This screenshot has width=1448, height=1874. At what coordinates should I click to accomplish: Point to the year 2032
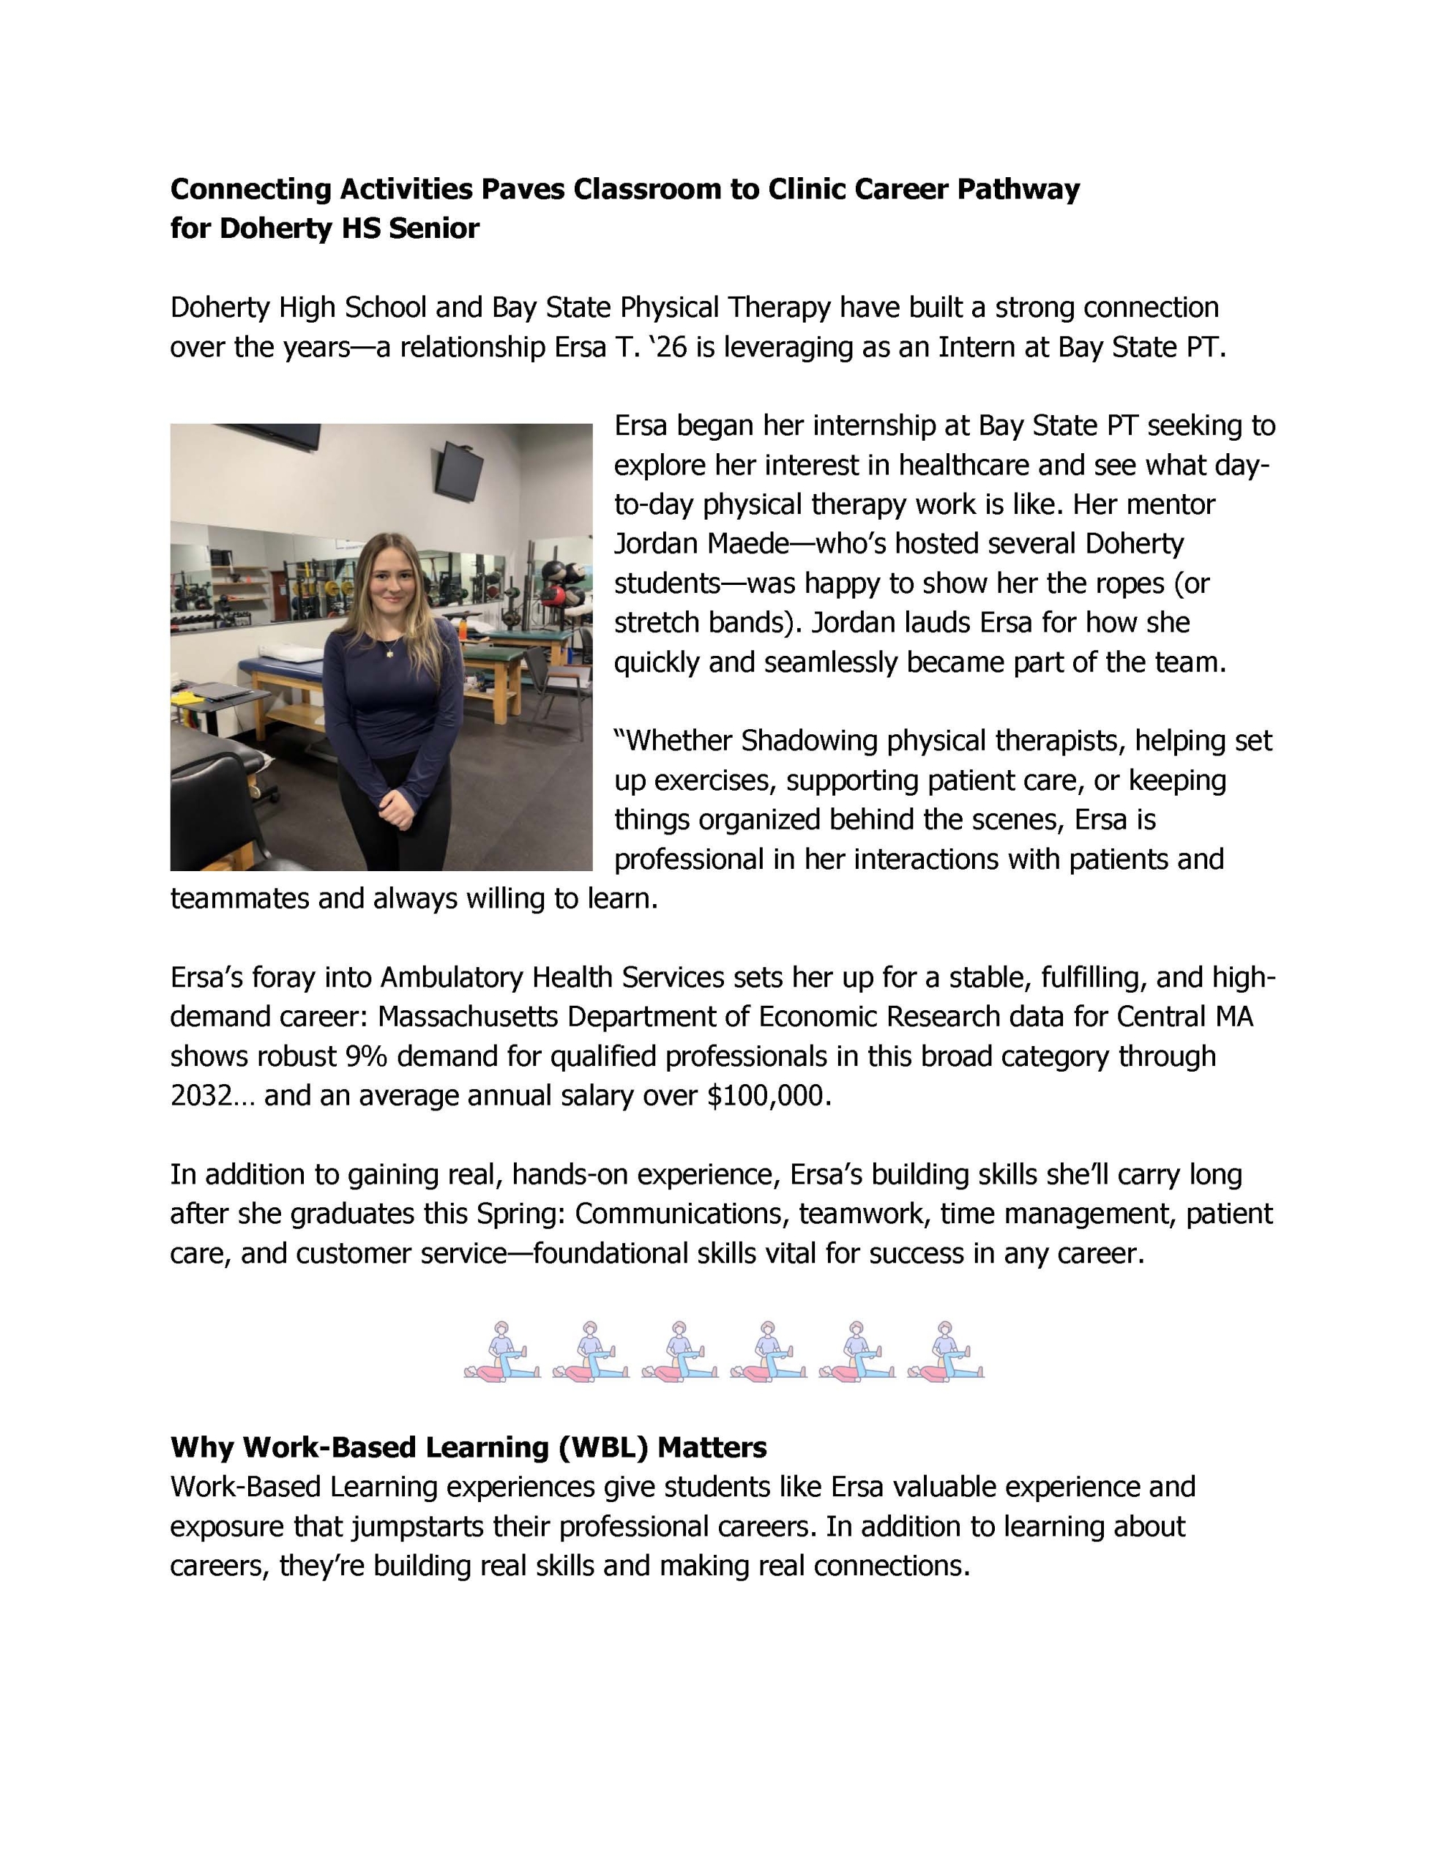pos(201,1096)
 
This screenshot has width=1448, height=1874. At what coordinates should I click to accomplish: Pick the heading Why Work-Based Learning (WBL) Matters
pos(468,1447)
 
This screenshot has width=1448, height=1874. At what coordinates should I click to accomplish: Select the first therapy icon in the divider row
pos(502,1351)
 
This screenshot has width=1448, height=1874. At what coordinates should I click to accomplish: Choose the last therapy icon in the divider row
pos(945,1351)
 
